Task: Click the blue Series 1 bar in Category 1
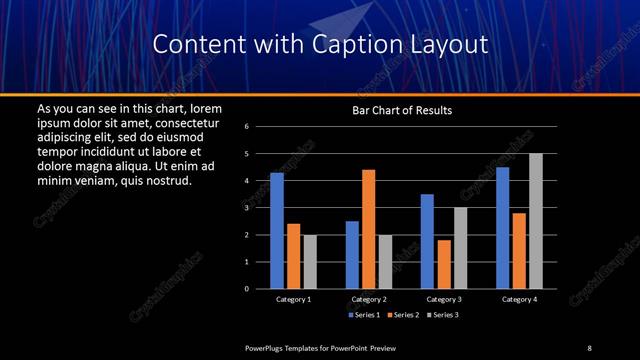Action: tap(277, 231)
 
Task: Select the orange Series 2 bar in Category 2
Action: tap(368, 229)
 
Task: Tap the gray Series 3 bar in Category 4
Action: tap(536, 221)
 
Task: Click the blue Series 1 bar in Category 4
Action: tap(502, 228)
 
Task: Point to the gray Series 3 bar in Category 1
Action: tap(310, 262)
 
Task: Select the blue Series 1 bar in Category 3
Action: tap(427, 241)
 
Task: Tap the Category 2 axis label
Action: tap(368, 299)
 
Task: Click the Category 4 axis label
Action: tap(519, 299)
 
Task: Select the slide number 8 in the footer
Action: tap(589, 347)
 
